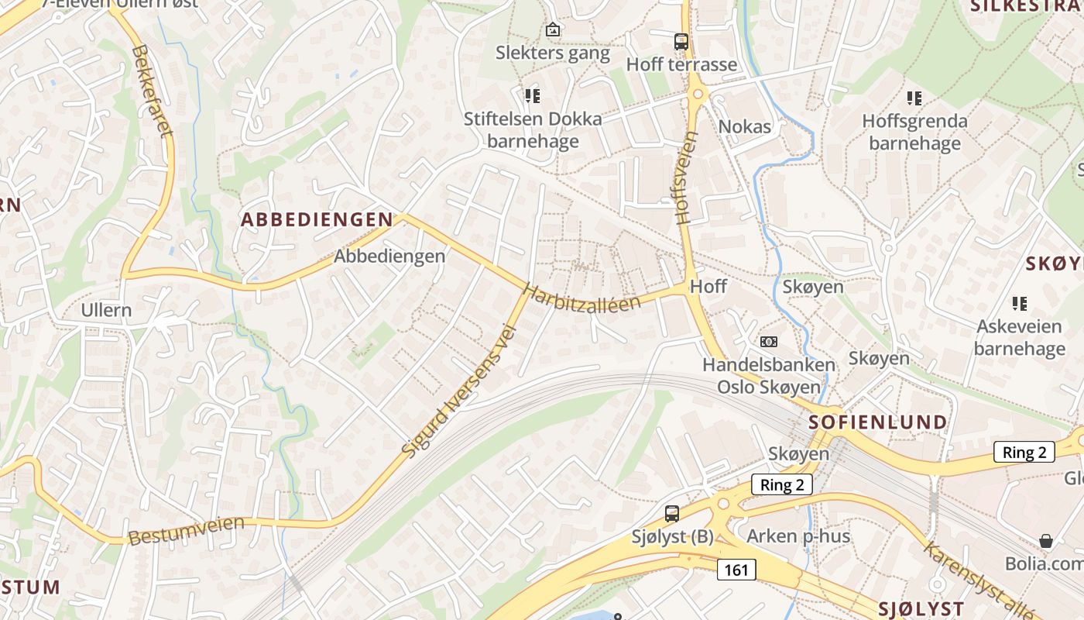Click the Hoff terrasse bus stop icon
point(681,42)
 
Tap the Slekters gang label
point(553,53)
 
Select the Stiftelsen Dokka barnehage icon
point(532,96)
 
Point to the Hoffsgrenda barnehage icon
point(914,98)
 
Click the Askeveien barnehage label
point(1019,337)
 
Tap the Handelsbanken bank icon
point(768,341)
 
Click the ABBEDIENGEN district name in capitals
point(317,219)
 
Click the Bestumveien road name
point(187,530)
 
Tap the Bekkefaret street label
point(152,90)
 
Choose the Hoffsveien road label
point(686,177)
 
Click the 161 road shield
point(736,570)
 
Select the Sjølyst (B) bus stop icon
point(672,513)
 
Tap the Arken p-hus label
point(798,536)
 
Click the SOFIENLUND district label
point(877,422)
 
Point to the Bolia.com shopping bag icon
point(1046,540)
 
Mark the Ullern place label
point(107,311)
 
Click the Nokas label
point(745,127)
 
